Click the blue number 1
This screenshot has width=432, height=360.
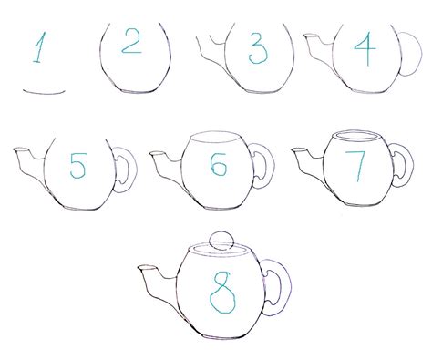tap(38, 47)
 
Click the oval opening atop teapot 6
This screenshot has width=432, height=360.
tap(215, 139)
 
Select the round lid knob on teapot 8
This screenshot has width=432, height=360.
tap(220, 240)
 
